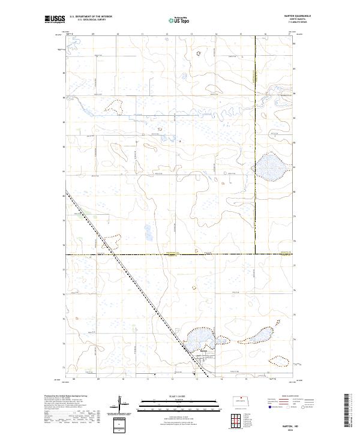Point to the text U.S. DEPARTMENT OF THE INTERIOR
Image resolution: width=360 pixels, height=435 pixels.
point(91,16)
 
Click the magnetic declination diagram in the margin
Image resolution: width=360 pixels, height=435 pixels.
point(122,407)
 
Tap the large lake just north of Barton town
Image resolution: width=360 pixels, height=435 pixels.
point(200,339)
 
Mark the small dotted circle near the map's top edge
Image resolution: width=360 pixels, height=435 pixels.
point(197,53)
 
